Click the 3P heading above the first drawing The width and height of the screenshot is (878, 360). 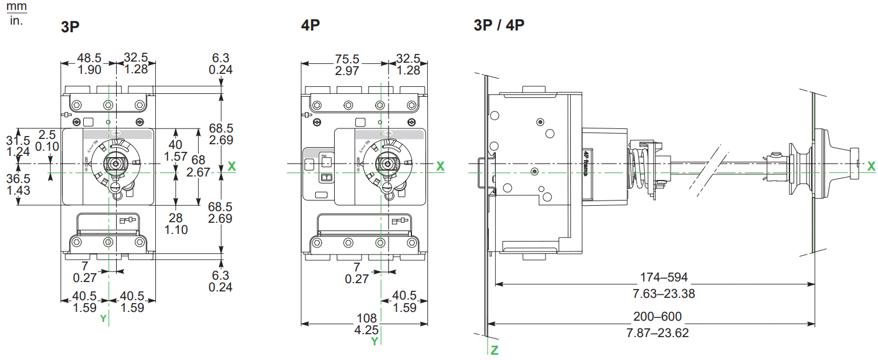(x=70, y=27)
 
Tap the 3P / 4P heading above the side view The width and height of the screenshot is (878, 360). (x=499, y=26)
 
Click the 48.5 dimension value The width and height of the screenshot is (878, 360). (x=90, y=57)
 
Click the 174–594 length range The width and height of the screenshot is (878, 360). (x=664, y=277)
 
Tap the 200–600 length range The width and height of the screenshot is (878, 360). (x=658, y=317)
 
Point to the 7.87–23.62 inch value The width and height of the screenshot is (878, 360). (x=658, y=333)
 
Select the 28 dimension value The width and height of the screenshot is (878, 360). (x=176, y=218)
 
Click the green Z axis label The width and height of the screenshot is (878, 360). (x=494, y=351)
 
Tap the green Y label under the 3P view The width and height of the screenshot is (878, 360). (x=103, y=318)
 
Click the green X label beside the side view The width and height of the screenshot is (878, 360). (x=871, y=167)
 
